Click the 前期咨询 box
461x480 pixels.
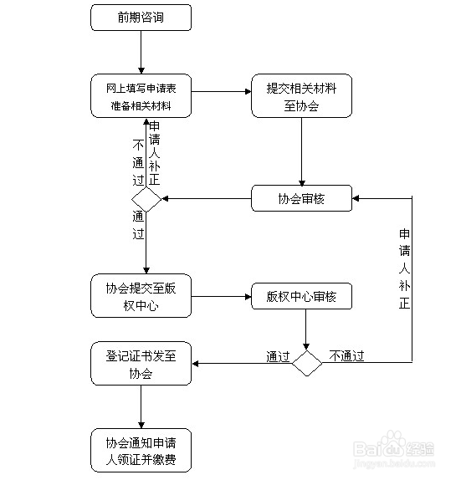tap(141, 16)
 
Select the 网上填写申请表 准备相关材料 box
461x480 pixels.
tap(141, 96)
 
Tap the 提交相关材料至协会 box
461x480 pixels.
tap(301, 97)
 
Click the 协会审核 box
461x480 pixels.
tap(301, 199)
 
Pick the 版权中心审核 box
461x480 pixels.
tap(301, 296)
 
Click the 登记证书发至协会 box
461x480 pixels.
tap(141, 364)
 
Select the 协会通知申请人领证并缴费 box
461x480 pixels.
tap(141, 451)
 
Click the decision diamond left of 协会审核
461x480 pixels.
tap(146, 199)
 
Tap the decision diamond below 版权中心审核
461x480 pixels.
tap(307, 363)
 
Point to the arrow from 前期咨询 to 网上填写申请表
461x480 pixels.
tap(141, 52)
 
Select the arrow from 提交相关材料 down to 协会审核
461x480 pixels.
tap(301, 151)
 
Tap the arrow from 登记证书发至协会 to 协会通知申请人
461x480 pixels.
tap(141, 407)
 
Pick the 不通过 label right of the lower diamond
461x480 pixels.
tap(346, 356)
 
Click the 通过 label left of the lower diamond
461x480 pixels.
tap(277, 356)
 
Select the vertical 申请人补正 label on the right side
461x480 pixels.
tap(404, 268)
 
